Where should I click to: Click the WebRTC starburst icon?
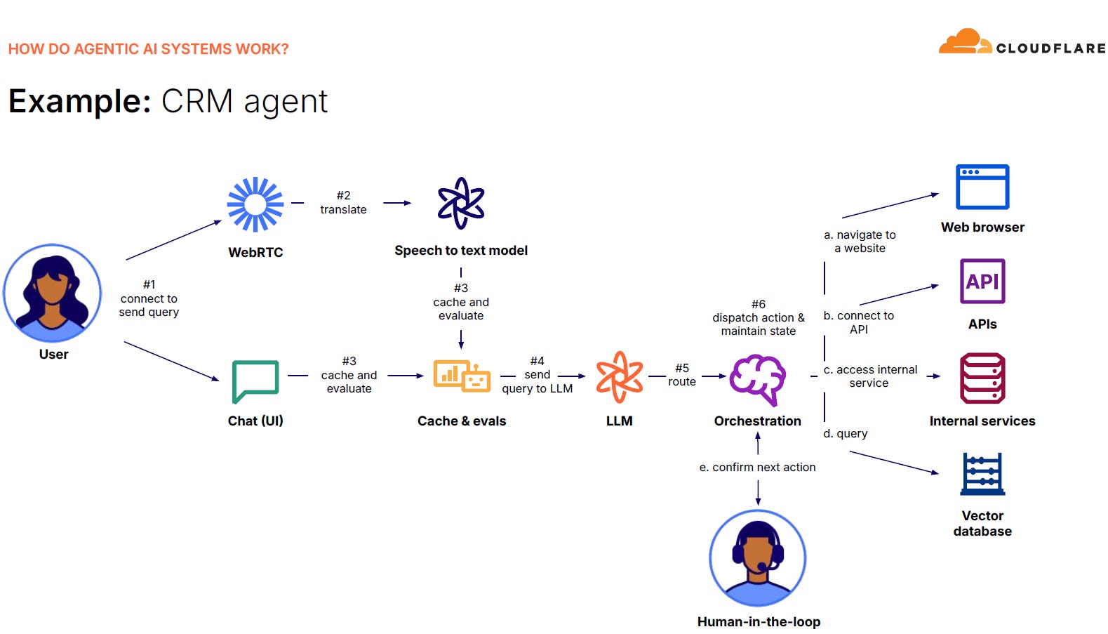pyautogui.click(x=255, y=204)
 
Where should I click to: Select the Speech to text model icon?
pyautogui.click(x=461, y=203)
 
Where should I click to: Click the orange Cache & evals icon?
pyautogui.click(x=461, y=376)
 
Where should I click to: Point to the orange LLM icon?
pyautogui.click(x=619, y=377)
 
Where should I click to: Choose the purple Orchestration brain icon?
pyautogui.click(x=757, y=379)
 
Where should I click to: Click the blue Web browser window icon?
pyautogui.click(x=982, y=187)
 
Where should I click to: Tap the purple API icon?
pyautogui.click(x=982, y=281)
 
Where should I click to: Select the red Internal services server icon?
pyautogui.click(x=982, y=378)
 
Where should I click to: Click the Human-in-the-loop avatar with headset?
pyautogui.click(x=758, y=557)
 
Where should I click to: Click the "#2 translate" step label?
pyautogui.click(x=343, y=202)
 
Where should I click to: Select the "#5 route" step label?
pyautogui.click(x=682, y=375)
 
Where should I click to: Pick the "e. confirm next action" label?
pyautogui.click(x=757, y=467)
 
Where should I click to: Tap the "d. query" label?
pyautogui.click(x=846, y=433)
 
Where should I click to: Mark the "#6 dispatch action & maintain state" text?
pyautogui.click(x=759, y=317)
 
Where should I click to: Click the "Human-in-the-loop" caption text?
pyautogui.click(x=759, y=621)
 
